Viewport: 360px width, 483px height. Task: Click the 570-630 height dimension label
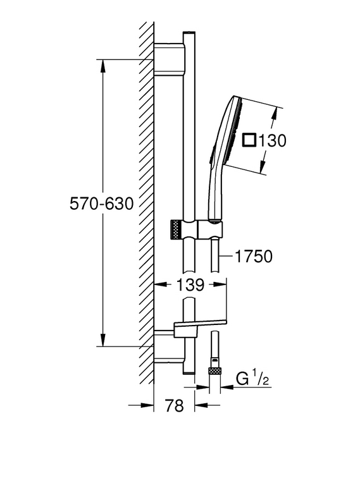pyautogui.click(x=102, y=204)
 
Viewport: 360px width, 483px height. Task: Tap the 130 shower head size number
pyautogui.click(x=272, y=141)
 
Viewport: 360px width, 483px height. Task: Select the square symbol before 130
pyautogui.click(x=249, y=140)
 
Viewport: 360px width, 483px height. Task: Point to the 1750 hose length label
pyautogui.click(x=254, y=256)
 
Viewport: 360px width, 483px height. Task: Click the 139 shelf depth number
pyautogui.click(x=190, y=285)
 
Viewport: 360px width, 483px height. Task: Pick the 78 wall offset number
pyautogui.click(x=174, y=405)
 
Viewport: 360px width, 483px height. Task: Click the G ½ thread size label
pyautogui.click(x=252, y=379)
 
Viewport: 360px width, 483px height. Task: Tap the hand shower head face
pyautogui.click(x=237, y=132)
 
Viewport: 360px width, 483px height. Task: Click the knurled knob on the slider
pyautogui.click(x=176, y=229)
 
